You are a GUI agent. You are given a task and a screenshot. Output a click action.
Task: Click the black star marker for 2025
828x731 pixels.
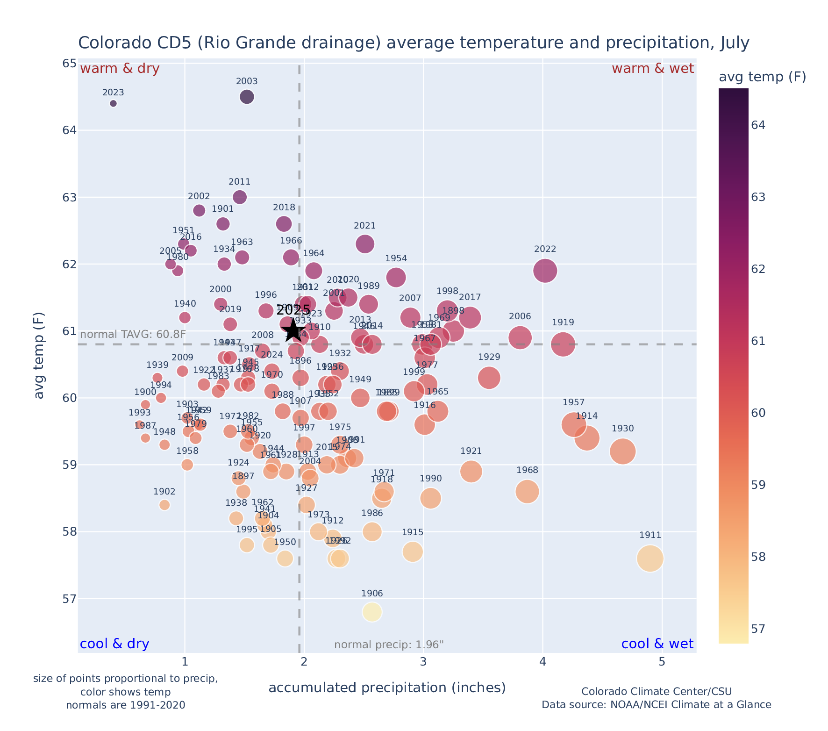293,330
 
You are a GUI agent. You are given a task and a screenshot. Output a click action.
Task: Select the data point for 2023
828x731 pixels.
113,103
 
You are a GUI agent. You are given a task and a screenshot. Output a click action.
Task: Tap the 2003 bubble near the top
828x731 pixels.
247,97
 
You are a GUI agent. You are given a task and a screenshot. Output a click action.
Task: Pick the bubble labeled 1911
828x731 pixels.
650,558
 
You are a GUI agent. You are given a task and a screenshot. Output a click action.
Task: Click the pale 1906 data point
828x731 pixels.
372,611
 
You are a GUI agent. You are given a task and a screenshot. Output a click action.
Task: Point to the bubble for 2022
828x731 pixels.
545,271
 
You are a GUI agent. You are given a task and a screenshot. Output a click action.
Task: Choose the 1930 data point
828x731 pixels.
622,451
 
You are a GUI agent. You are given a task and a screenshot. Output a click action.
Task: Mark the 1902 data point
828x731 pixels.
164,505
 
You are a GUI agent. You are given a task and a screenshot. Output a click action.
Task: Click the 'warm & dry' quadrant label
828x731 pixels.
120,69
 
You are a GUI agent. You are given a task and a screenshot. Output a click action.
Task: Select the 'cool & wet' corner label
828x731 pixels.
657,644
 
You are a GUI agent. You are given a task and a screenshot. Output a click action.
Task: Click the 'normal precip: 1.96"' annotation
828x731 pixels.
389,645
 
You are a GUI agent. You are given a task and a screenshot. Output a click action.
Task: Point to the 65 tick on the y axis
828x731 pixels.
69,63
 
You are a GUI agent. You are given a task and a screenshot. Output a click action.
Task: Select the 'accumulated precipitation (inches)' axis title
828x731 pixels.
387,688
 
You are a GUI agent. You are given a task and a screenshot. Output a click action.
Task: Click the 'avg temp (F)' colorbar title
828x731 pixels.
762,77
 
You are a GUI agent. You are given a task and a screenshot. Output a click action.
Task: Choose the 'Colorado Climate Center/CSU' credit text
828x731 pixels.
656,691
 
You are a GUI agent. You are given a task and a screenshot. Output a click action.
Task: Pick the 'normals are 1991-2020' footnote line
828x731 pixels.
125,705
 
